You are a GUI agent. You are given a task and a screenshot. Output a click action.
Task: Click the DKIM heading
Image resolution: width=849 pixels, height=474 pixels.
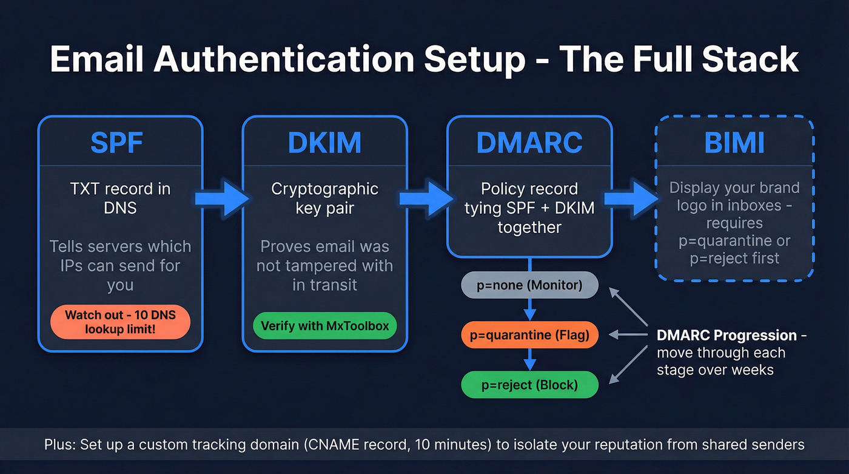[x=324, y=143]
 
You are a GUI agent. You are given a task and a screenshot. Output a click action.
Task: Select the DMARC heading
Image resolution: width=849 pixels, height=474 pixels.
[x=529, y=143]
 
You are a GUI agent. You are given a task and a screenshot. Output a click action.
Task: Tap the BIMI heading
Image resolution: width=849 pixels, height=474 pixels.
[x=734, y=143]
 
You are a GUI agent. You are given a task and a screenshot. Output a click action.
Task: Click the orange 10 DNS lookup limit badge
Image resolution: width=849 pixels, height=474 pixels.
[x=120, y=322]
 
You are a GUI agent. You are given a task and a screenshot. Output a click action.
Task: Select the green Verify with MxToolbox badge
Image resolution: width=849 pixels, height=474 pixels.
[x=324, y=326]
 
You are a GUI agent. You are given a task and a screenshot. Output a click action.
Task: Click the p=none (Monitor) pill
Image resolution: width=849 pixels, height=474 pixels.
[x=529, y=285]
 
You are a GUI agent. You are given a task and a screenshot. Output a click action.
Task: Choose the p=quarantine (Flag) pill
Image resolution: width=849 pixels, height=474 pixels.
[x=529, y=335]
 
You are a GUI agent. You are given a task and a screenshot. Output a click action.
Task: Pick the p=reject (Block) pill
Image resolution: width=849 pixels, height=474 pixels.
[x=529, y=385]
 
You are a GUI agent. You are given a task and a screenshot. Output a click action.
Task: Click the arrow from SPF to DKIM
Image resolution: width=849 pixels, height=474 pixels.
[x=223, y=197]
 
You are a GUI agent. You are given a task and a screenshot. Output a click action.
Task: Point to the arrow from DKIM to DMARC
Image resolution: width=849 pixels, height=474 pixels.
[x=428, y=197]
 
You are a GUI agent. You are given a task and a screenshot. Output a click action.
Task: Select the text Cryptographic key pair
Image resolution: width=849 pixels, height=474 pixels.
[x=324, y=198]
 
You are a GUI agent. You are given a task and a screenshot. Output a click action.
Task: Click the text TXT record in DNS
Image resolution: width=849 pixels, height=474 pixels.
[x=120, y=198]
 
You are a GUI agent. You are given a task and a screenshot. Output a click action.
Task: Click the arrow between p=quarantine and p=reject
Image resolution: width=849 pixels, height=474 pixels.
[x=529, y=360]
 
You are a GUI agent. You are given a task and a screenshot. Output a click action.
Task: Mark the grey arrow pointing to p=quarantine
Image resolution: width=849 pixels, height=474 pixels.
[x=628, y=334]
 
